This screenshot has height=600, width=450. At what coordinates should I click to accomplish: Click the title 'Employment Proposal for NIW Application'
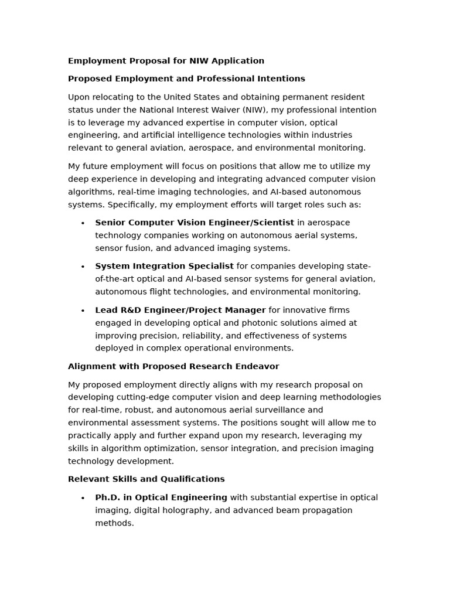[166, 61]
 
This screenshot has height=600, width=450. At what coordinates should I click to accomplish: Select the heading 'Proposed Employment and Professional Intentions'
[186, 79]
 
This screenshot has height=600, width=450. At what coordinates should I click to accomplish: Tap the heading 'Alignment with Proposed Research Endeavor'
[173, 366]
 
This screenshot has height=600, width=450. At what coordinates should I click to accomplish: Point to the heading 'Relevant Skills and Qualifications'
[146, 479]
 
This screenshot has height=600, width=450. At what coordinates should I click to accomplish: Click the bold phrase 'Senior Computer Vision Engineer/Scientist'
[195, 223]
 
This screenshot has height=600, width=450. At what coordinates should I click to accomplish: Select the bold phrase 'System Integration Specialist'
[164, 266]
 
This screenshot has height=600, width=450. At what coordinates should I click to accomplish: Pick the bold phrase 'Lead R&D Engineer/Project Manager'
[180, 310]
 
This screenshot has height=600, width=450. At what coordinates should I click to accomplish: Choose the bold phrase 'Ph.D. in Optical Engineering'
[161, 497]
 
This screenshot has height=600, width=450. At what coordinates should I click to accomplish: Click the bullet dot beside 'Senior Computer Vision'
[83, 223]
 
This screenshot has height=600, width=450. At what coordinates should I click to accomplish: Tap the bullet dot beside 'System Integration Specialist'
[83, 267]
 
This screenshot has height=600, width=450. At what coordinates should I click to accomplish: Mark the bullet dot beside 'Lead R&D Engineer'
[83, 311]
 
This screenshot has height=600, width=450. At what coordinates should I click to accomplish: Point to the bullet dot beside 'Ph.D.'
[83, 498]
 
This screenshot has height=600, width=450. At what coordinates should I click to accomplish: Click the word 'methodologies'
[350, 397]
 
